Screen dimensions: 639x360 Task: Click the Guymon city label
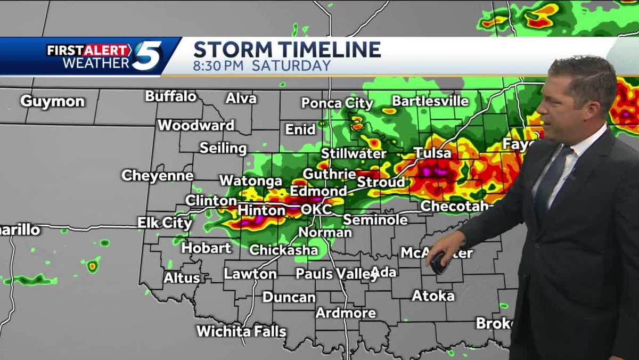coord(52,101)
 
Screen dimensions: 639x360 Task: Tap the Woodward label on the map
coord(196,126)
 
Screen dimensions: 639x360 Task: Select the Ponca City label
coord(337,103)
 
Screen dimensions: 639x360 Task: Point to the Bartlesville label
coord(430,101)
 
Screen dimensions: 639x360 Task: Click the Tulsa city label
coord(432,153)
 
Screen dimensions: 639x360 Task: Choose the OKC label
coord(316,209)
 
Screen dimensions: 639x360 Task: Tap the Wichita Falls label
coord(241,331)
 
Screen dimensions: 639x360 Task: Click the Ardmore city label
coord(346,313)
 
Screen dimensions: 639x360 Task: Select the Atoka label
coord(433,296)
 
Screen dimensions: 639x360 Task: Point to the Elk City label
coord(165,223)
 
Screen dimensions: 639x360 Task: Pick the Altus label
coord(182,277)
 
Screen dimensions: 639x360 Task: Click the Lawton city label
coord(250,274)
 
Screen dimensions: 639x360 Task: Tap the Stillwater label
coord(354,154)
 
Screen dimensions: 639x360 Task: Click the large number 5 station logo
coord(146,56)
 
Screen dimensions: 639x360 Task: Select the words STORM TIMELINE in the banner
coord(287,50)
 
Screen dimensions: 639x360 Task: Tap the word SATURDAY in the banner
coord(291,66)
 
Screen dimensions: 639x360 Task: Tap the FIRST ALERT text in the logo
coord(88,51)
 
